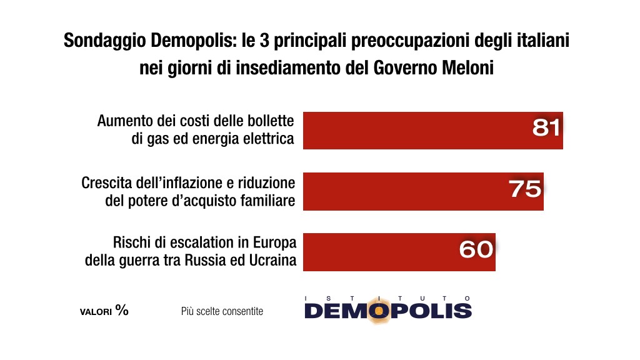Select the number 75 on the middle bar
tap(525, 189)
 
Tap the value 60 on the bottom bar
tap(476, 249)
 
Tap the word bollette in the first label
tap(272, 121)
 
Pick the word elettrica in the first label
tap(270, 138)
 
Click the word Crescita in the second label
tap(104, 183)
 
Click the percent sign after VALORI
tap(122, 310)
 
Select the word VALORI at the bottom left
tap(96, 311)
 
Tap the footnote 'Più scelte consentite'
tap(222, 311)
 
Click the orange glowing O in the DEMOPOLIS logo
tap(376, 311)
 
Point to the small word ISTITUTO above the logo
tap(387, 298)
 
